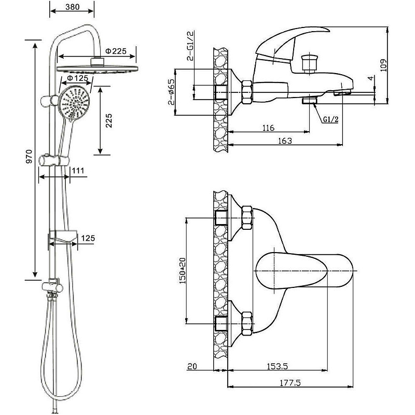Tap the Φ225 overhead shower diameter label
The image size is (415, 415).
click(x=116, y=51)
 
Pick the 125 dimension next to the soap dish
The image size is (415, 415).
click(x=88, y=239)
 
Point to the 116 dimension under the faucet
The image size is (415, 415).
click(x=268, y=128)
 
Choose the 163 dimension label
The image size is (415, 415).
click(x=285, y=141)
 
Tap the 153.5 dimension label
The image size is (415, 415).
click(x=278, y=367)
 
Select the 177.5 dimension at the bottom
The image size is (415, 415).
click(x=289, y=383)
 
